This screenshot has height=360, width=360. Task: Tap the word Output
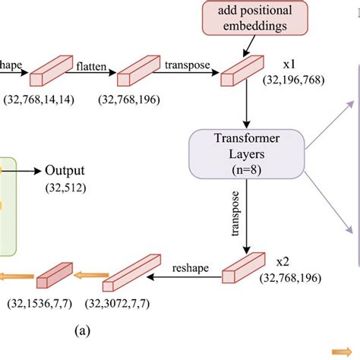65,171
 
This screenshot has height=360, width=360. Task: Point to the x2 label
283,262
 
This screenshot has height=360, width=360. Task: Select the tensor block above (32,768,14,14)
49,74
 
